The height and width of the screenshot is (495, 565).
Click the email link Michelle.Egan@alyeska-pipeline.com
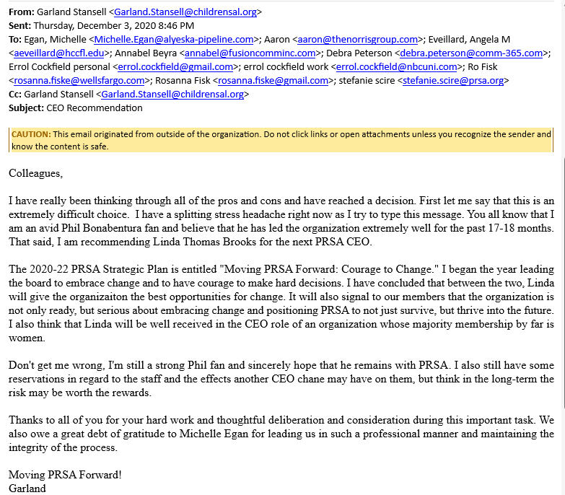pos(173,40)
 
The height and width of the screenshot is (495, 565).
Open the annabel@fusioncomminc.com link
pos(250,53)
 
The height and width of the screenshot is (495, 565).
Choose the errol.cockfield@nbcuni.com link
pos(398,67)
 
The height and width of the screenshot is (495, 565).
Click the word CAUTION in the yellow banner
pos(31,134)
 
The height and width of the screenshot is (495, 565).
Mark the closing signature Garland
pos(27,488)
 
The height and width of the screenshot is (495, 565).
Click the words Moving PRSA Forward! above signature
pos(65,474)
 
